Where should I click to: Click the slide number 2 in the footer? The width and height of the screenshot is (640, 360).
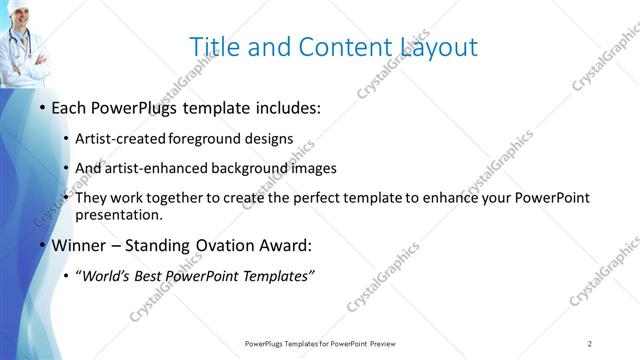(x=590, y=343)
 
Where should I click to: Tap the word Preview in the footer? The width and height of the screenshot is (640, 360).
(x=388, y=343)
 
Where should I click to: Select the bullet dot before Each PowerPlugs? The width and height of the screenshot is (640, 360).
(x=41, y=108)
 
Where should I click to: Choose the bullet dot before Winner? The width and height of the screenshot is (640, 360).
(x=41, y=245)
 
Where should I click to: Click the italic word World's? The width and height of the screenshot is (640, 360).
(x=111, y=276)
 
